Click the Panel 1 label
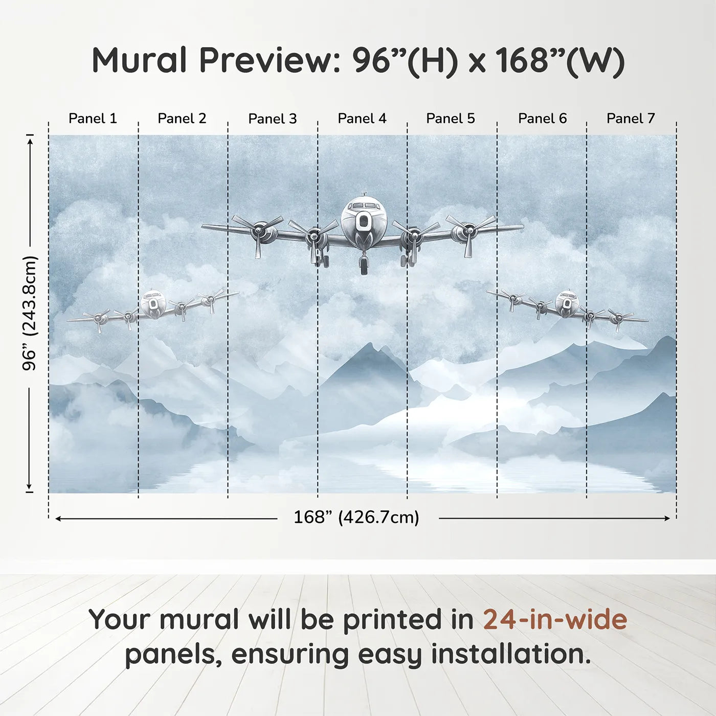(x=93, y=119)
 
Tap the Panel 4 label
(x=362, y=119)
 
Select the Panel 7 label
(x=630, y=119)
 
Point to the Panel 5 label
(x=450, y=119)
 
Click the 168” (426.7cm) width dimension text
(x=356, y=518)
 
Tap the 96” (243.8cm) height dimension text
(x=30, y=313)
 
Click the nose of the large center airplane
(x=364, y=221)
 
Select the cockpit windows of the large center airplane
(x=364, y=206)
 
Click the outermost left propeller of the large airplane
(x=258, y=232)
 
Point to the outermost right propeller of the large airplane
(x=469, y=232)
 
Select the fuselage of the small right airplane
(x=566, y=303)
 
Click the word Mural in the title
(x=140, y=60)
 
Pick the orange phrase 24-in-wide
(x=555, y=619)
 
